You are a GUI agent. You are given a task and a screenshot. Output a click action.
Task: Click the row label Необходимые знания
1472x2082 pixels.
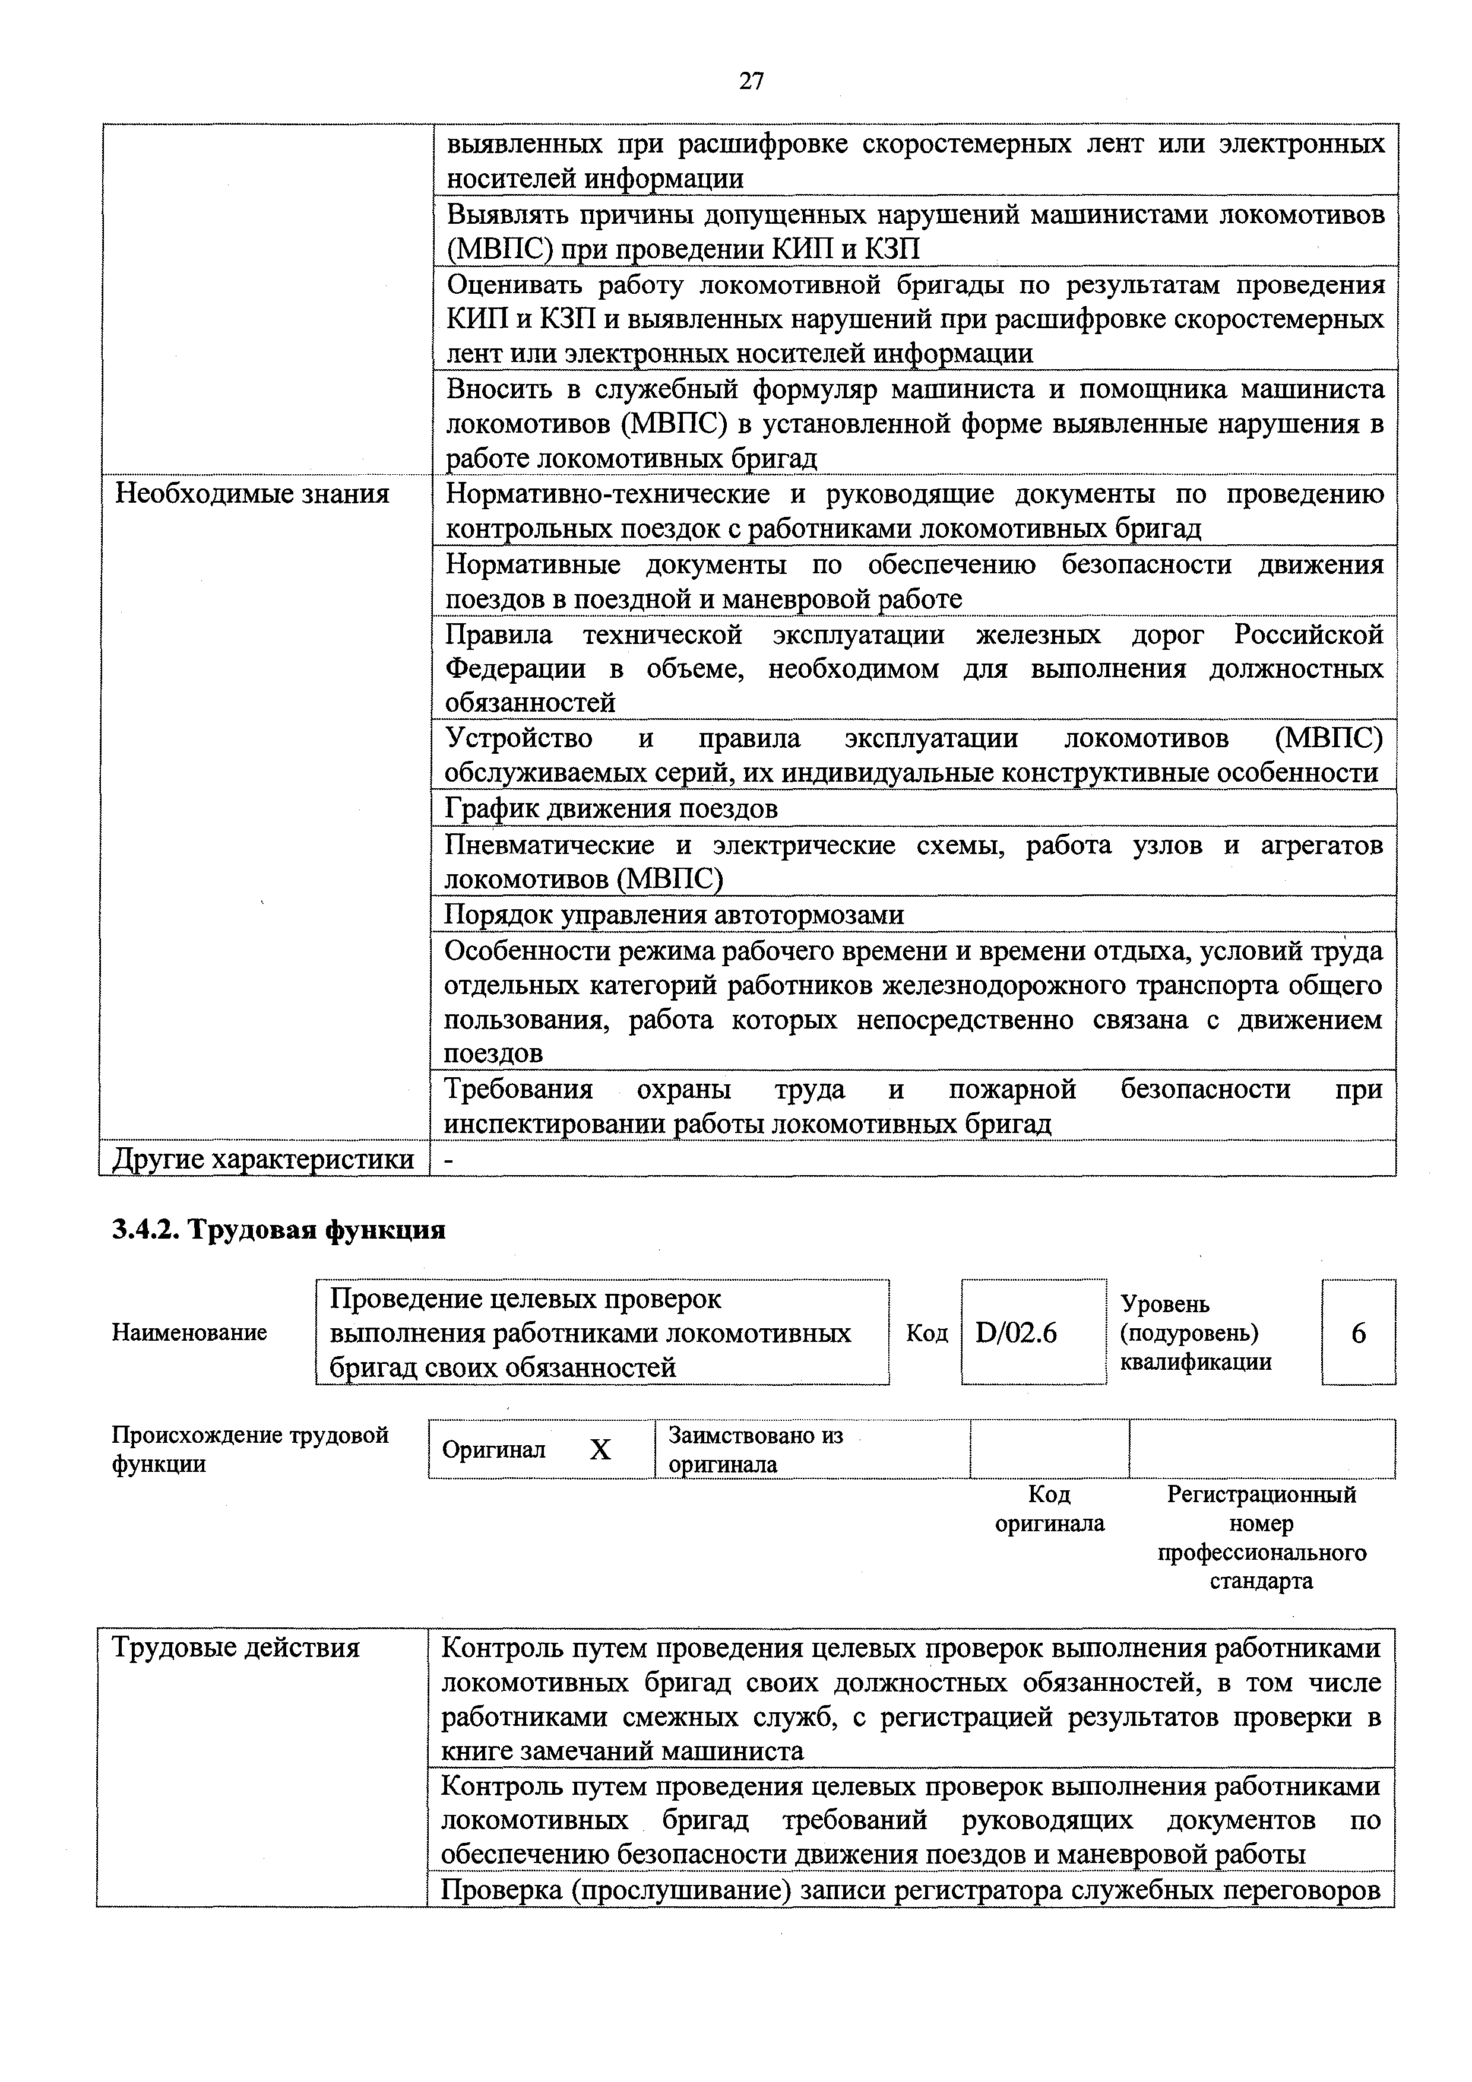point(252,494)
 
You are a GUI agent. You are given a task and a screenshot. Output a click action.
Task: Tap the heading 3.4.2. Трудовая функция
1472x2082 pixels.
point(278,1230)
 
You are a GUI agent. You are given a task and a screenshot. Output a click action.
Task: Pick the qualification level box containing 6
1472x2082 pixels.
point(1358,1333)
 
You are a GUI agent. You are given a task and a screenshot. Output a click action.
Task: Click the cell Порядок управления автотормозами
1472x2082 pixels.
point(674,914)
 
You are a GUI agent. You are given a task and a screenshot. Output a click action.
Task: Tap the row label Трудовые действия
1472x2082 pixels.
point(236,1647)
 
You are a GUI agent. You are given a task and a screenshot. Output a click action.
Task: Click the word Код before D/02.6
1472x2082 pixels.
point(926,1333)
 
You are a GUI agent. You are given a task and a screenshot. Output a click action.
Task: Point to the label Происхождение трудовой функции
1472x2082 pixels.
point(249,1449)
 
